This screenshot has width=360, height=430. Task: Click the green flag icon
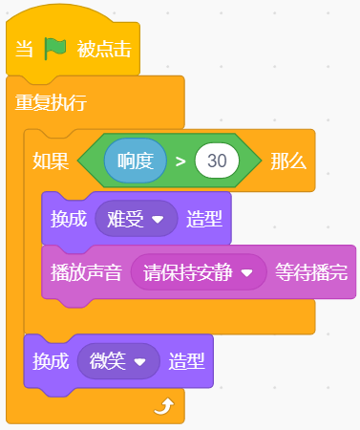click(x=55, y=49)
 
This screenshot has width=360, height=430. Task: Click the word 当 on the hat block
click(x=24, y=50)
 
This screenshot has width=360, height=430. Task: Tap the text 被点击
click(x=104, y=50)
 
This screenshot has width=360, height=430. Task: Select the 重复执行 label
click(x=51, y=102)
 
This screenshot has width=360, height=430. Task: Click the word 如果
click(x=51, y=161)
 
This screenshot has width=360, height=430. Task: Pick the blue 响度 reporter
click(x=136, y=161)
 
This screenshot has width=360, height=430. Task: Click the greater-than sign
click(x=180, y=161)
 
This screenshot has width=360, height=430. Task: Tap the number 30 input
click(x=217, y=161)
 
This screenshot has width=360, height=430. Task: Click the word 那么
click(x=288, y=161)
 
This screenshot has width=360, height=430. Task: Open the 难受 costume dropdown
click(x=137, y=219)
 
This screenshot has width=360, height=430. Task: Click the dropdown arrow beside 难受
click(x=158, y=219)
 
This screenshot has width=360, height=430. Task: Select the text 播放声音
click(x=86, y=272)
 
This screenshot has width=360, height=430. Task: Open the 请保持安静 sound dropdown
click(x=199, y=272)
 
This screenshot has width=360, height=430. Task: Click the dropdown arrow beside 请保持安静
click(x=246, y=272)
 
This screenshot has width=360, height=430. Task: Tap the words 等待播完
click(x=311, y=272)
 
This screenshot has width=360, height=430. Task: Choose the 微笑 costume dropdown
click(x=118, y=361)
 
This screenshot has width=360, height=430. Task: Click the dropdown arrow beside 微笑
click(x=139, y=362)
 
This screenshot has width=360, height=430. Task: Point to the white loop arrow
click(x=164, y=406)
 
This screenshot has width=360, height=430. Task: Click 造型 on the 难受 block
click(x=204, y=219)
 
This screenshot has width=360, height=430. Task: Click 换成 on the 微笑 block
click(x=51, y=361)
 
